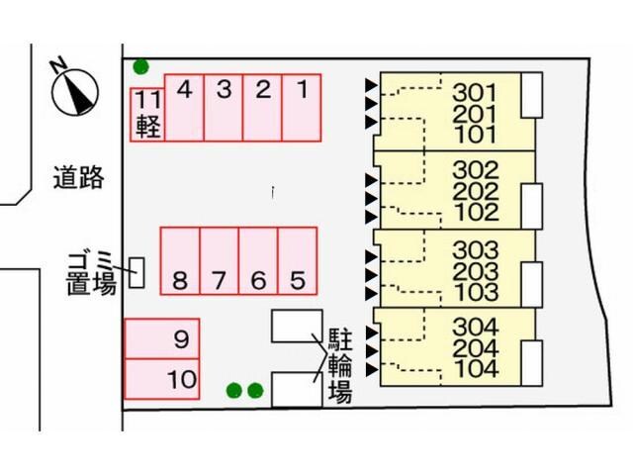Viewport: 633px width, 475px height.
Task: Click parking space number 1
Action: (301, 107)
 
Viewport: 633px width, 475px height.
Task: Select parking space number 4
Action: (184, 107)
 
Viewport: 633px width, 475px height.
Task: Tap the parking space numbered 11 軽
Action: (147, 115)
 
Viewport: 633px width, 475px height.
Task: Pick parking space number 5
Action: (298, 260)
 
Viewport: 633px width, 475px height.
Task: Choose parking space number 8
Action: (180, 260)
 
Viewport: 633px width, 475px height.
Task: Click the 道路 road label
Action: (78, 178)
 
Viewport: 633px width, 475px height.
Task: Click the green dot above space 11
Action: (141, 67)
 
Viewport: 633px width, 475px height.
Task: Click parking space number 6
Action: (258, 260)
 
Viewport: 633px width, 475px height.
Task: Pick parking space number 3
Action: (224, 107)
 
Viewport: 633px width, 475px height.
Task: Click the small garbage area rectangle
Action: (137, 271)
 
